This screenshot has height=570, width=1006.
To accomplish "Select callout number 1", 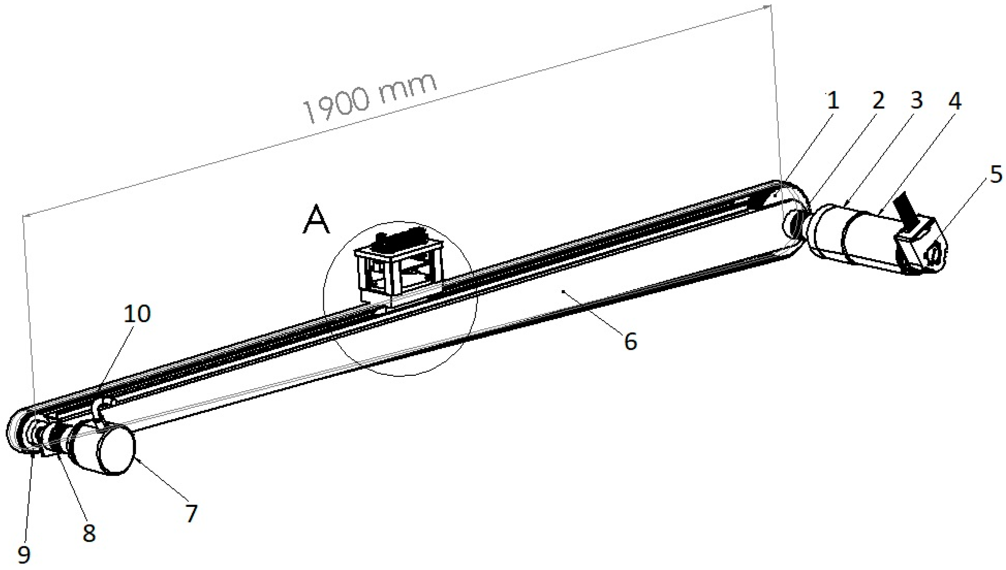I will pos(833,100).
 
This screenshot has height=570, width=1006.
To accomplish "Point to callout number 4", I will pos(954,101).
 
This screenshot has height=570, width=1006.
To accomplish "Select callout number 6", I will pos(630,341).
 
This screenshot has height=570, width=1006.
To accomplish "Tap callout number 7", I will pos(191,513).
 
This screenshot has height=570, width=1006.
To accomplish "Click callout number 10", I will pos(137,314).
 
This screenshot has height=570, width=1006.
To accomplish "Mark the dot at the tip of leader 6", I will pos(563,291).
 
